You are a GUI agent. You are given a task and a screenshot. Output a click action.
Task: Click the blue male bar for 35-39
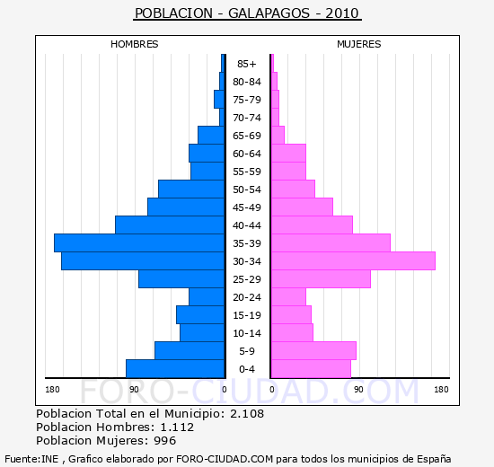pyautogui.click(x=139, y=243)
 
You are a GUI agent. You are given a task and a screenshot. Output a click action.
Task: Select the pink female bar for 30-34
pyautogui.click(x=354, y=261)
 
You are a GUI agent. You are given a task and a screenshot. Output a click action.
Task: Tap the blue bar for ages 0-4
pyautogui.click(x=175, y=369)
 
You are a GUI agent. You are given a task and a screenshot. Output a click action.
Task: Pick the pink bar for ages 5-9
pyautogui.click(x=313, y=351)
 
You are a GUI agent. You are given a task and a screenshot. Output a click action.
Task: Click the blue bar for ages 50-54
pyautogui.click(x=191, y=189)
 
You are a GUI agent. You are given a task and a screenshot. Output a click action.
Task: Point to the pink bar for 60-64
pyautogui.click(x=288, y=154)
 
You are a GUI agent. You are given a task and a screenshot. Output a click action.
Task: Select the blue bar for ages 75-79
pyautogui.click(x=219, y=100)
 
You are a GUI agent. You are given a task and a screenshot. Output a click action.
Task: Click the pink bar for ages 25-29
pyautogui.click(x=321, y=279)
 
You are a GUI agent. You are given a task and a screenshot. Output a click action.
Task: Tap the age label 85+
pyautogui.click(x=247, y=64)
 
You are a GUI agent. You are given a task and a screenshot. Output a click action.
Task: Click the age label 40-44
pyautogui.click(x=247, y=225)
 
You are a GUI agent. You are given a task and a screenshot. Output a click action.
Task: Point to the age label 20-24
pyautogui.click(x=247, y=297)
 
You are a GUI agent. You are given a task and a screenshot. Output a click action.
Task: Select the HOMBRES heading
pyautogui.click(x=135, y=44)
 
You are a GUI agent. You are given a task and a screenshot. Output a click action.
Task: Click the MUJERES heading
pyautogui.click(x=359, y=44)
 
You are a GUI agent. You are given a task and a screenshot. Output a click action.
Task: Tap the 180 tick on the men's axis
pyautogui.click(x=52, y=390)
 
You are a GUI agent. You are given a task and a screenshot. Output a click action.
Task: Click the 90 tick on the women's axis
pyautogui.click(x=358, y=390)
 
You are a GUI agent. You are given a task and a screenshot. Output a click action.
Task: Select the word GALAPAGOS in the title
pyautogui.click(x=269, y=13)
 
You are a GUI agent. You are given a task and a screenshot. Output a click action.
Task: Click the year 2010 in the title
pyautogui.click(x=342, y=13)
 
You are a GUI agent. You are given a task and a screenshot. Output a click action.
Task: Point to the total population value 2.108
pyautogui.click(x=247, y=414)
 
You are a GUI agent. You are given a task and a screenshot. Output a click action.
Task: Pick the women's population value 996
pyautogui.click(x=164, y=441)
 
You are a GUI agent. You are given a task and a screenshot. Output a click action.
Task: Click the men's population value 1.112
pyautogui.click(x=177, y=427)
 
